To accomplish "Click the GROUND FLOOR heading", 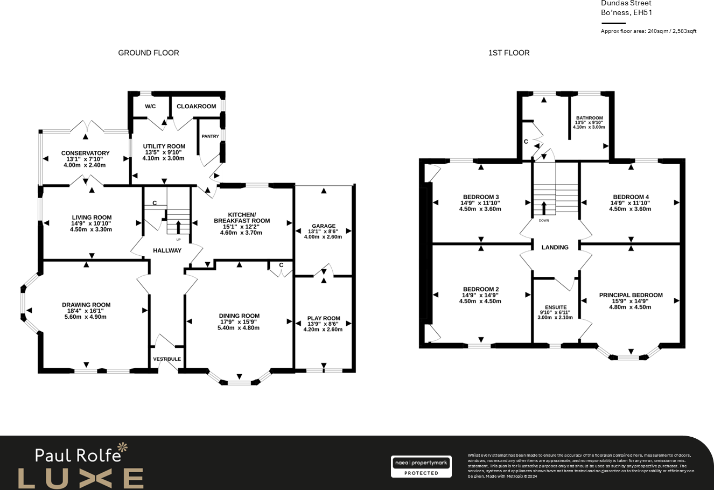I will click(x=149, y=53).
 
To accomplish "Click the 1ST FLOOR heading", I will click(x=508, y=53).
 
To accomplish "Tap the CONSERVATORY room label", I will click(x=85, y=153).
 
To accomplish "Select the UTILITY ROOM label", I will click(x=164, y=146).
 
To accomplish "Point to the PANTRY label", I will click(x=210, y=136).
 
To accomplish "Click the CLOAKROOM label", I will click(x=196, y=106).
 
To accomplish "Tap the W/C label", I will click(x=150, y=106).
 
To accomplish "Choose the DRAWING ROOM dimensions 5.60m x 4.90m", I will click(x=86, y=317).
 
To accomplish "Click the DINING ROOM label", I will click(x=239, y=316).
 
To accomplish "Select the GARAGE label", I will click(x=323, y=226).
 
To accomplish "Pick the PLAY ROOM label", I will click(x=324, y=318).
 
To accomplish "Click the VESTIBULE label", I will click(x=167, y=359).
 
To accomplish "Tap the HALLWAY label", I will click(x=167, y=250).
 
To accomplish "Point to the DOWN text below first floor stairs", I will click(x=544, y=220).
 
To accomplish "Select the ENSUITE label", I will click(x=555, y=307).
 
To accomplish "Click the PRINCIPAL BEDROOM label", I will click(x=631, y=295).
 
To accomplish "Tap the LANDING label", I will click(x=555, y=247).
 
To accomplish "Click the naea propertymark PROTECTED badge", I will click(x=421, y=467).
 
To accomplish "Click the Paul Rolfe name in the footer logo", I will click(x=78, y=455).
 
